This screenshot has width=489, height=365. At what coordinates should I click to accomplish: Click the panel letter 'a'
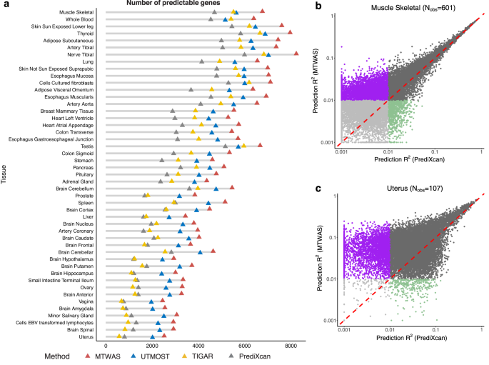pos(4,4)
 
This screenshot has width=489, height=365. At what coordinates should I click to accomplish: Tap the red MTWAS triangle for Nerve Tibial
pos(296,53)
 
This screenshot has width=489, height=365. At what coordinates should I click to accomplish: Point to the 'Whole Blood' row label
pos(78,19)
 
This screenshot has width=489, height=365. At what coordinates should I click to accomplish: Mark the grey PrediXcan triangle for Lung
pos(202,61)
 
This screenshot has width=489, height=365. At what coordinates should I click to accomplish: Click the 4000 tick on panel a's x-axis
pos(196,345)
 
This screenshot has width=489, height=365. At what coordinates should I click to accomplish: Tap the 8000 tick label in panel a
pos(291,345)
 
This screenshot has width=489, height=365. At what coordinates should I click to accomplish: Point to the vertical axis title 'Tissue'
pos(5,174)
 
